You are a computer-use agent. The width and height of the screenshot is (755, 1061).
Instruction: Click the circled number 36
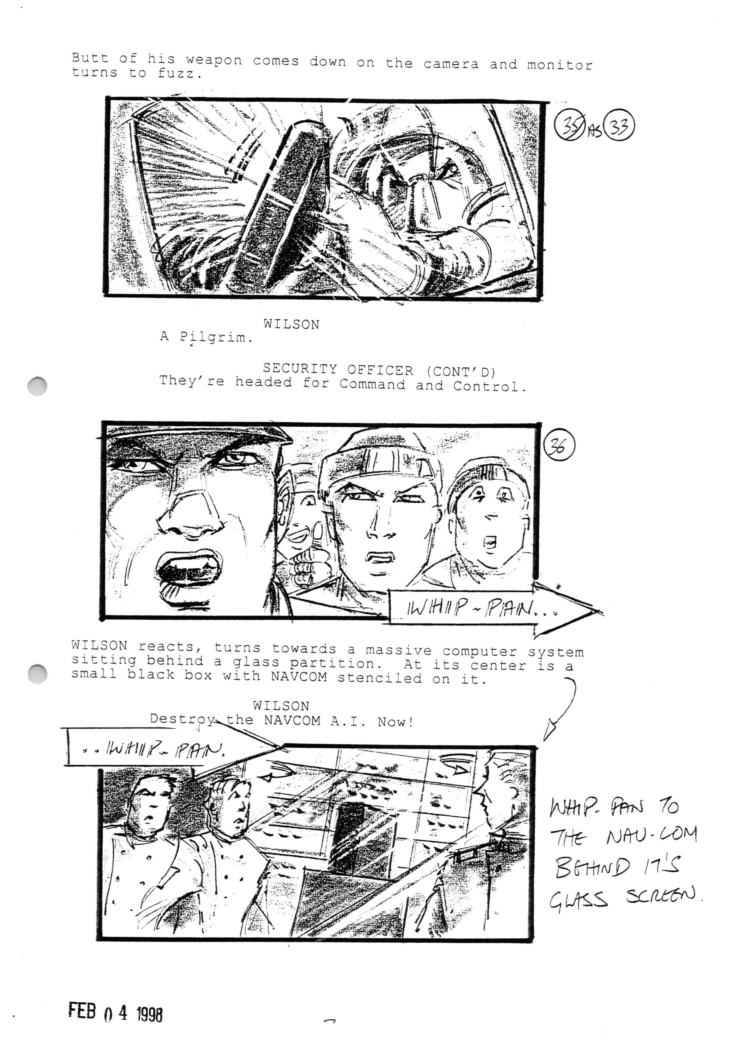pyautogui.click(x=559, y=445)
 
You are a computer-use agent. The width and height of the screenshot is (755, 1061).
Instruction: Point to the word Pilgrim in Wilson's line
pyautogui.click(x=216, y=337)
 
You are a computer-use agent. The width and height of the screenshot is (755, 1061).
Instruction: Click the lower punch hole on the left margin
pyautogui.click(x=37, y=673)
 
